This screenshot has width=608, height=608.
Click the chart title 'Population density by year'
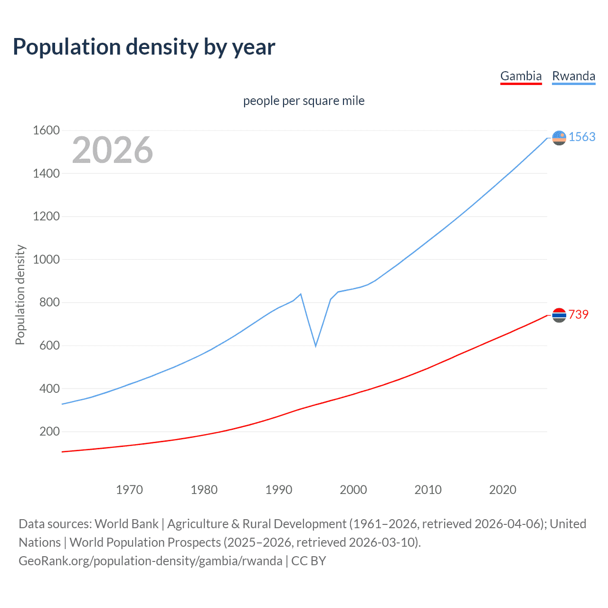[144, 47]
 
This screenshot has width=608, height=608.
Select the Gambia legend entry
[521, 76]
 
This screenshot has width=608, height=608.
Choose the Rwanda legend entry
[573, 76]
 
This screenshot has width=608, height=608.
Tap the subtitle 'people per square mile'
[304, 101]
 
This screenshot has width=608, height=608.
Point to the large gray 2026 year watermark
[113, 150]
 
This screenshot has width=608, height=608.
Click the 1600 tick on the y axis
[46, 130]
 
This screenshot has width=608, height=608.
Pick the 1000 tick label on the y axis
[46, 259]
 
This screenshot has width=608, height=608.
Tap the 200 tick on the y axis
[49, 431]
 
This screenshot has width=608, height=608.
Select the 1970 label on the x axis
[129, 490]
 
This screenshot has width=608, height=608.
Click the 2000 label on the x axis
[353, 490]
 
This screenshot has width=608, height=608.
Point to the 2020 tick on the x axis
[503, 490]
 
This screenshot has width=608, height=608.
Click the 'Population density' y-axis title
[20, 294]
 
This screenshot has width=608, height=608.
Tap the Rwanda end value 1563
[582, 137]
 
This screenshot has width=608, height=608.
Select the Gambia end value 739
[578, 314]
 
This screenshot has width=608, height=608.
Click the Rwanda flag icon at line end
[559, 138]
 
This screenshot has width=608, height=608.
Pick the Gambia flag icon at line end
[559, 315]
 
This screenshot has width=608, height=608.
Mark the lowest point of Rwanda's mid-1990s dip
[315, 346]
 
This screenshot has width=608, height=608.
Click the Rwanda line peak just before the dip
[301, 294]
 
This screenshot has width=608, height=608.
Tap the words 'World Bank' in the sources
[126, 524]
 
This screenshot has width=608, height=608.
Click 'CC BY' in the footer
[308, 561]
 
